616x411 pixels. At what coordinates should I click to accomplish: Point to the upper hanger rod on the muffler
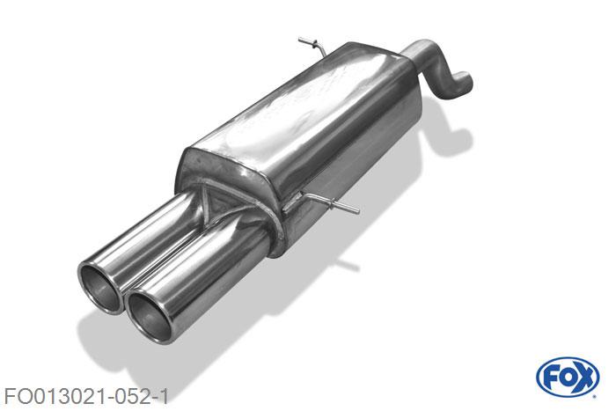coord(311,44)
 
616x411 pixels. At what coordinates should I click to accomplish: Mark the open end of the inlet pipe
coord(463,83)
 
